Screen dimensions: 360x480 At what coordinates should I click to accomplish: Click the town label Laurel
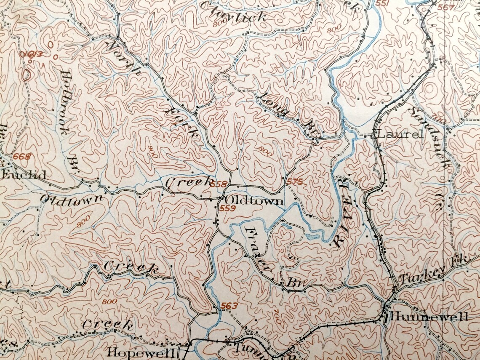tap(400, 135)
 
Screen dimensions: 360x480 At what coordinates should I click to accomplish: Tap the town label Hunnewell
tap(429, 317)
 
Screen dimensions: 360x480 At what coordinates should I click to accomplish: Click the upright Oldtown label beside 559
tap(254, 201)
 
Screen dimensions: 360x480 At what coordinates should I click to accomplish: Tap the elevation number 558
tap(218, 184)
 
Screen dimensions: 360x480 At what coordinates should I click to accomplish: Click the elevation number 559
tap(227, 208)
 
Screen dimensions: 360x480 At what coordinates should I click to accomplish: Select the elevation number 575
tap(295, 181)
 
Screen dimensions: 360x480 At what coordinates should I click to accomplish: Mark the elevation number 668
tap(22, 156)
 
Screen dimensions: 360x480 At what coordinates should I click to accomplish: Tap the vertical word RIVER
tap(343, 211)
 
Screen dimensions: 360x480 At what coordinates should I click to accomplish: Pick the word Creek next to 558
tap(188, 182)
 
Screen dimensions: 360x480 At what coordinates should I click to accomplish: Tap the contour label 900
tap(152, 152)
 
